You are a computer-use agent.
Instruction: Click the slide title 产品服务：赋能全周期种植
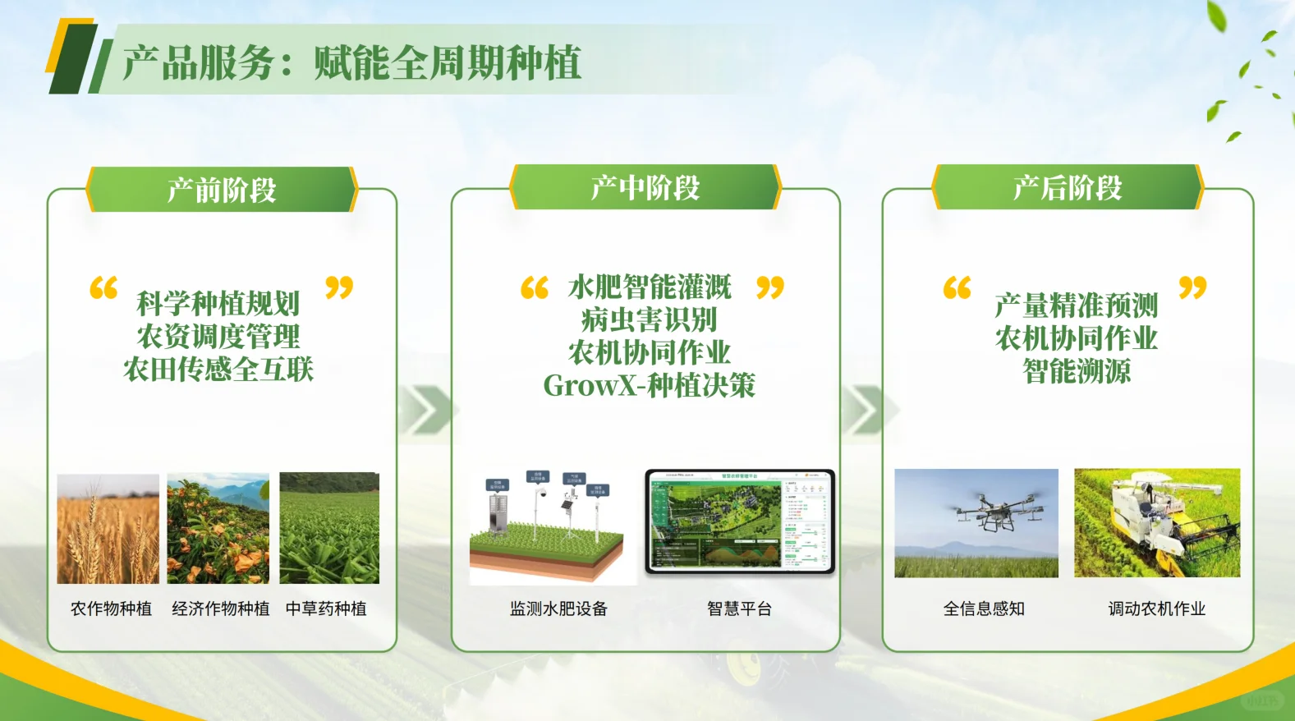pyautogui.click(x=351, y=63)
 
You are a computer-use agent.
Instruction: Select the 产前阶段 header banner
pyautogui.click(x=222, y=190)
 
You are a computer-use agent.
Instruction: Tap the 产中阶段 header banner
pyautogui.click(x=645, y=187)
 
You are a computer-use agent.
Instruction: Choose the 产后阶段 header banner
pyautogui.click(x=1068, y=187)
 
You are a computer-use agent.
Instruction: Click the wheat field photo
pyautogui.click(x=108, y=529)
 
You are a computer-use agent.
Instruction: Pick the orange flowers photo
pyautogui.click(x=218, y=529)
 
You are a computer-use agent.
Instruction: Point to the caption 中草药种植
pyautogui.click(x=326, y=608)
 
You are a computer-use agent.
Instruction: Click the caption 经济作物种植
pyautogui.click(x=220, y=608)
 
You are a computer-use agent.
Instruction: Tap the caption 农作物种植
pyautogui.click(x=111, y=608)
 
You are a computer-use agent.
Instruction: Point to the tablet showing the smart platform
pyautogui.click(x=740, y=522)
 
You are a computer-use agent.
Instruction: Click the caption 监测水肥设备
pyautogui.click(x=558, y=608)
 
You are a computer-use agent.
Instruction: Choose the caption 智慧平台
pyautogui.click(x=739, y=608)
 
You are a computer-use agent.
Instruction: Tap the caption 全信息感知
pyautogui.click(x=984, y=608)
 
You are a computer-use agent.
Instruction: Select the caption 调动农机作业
pyautogui.click(x=1156, y=608)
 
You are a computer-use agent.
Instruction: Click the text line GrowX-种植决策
pyautogui.click(x=649, y=385)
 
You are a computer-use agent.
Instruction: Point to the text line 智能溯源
pyautogui.click(x=1077, y=371)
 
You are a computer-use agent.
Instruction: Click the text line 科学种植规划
pyautogui.click(x=218, y=303)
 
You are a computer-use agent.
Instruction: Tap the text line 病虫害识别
pyautogui.click(x=649, y=319)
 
